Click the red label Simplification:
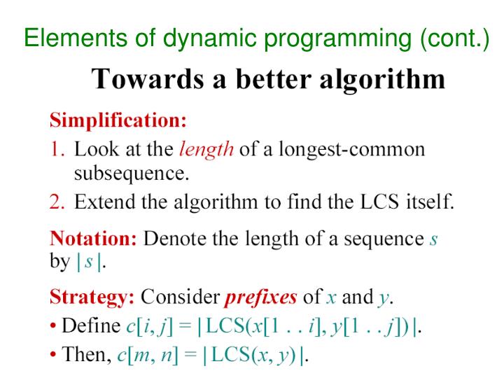pyautogui.click(x=118, y=120)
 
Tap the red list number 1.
pyautogui.click(x=57, y=150)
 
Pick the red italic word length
pyautogui.click(x=206, y=150)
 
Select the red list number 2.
pyautogui.click(x=57, y=202)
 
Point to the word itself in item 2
pyautogui.click(x=430, y=202)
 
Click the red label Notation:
pyautogui.click(x=93, y=239)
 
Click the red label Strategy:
pyautogui.click(x=92, y=297)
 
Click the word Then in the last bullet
pyautogui.click(x=85, y=355)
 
